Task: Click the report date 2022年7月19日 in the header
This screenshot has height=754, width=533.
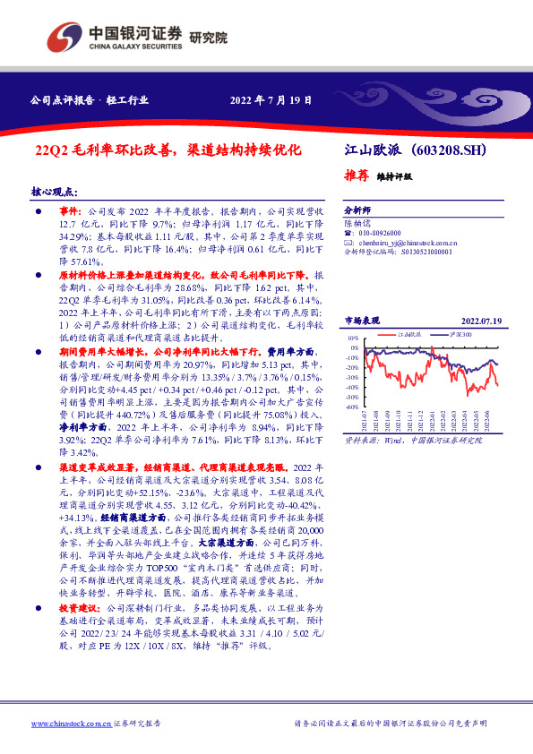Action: tap(271, 100)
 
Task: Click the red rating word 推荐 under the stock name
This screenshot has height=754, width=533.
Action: tap(356, 176)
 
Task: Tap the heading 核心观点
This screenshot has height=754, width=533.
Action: tap(55, 192)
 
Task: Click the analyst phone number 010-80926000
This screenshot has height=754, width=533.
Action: tap(385, 231)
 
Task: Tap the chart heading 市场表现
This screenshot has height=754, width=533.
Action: tap(362, 321)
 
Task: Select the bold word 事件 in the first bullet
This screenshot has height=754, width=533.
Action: tap(70, 207)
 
